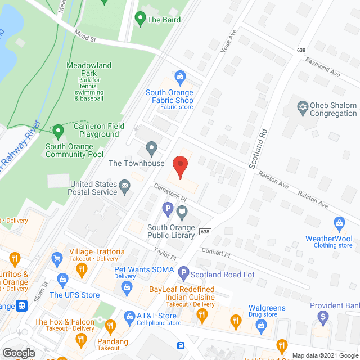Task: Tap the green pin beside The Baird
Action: tap(140, 19)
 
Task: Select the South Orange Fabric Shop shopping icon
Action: tap(180, 76)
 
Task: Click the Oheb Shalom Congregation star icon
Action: tap(303, 106)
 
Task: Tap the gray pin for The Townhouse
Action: tap(151, 148)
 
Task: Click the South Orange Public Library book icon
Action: tap(182, 213)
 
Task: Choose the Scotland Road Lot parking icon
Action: tap(183, 274)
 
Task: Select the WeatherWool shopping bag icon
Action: tap(339, 223)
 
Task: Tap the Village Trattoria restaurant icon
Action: tap(82, 269)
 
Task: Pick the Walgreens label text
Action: tap(267, 308)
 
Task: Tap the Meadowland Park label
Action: tap(89, 69)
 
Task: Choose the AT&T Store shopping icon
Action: tap(129, 316)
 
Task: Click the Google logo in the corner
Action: tap(19, 353)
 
